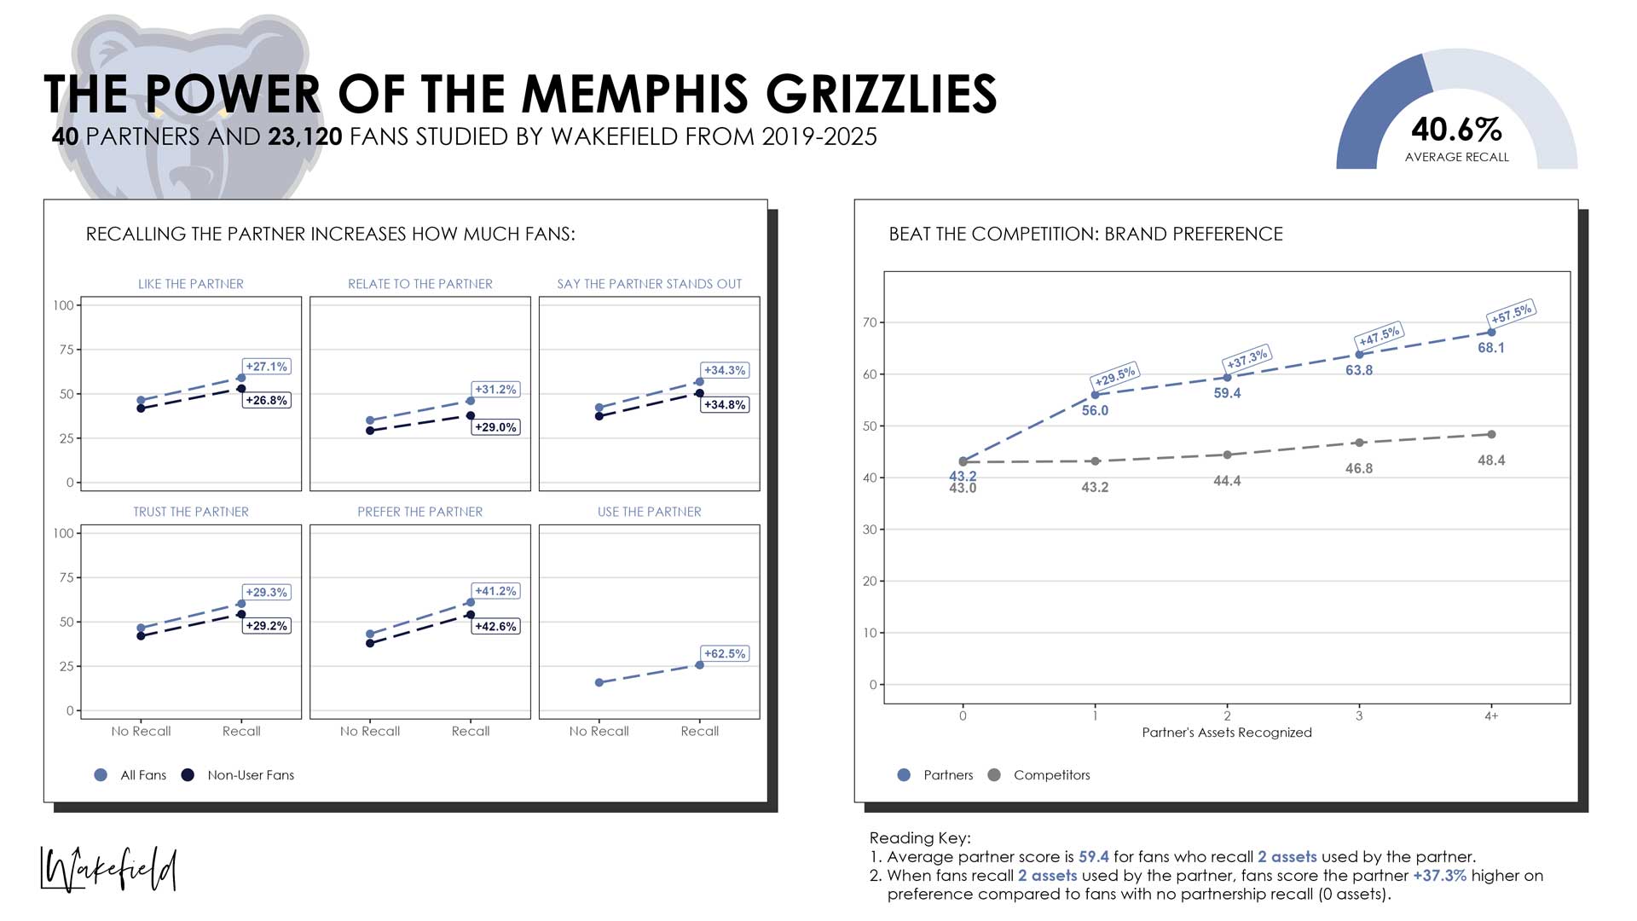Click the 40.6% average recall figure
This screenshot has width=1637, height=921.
click(1456, 130)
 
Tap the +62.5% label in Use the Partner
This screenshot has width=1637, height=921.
click(725, 654)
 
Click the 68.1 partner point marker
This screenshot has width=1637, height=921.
click(1491, 333)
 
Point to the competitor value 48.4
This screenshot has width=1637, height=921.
click(1491, 460)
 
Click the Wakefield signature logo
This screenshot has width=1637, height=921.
click(109, 870)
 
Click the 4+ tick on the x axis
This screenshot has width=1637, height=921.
click(1491, 716)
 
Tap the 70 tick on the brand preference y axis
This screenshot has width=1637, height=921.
click(870, 322)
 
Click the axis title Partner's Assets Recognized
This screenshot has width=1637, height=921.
click(1227, 733)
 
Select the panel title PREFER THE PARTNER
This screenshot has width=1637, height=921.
click(419, 512)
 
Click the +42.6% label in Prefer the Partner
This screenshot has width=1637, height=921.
click(495, 627)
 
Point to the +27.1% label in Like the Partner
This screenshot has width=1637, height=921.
click(267, 367)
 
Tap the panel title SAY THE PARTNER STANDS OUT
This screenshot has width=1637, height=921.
click(649, 284)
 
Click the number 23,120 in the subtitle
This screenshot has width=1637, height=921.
click(304, 137)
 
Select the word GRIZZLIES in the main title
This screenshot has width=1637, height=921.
click(881, 94)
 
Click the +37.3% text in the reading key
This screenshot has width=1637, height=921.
click(1439, 876)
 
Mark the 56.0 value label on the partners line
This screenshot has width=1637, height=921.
click(1095, 411)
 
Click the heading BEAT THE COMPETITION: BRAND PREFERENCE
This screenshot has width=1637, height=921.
click(1085, 235)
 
